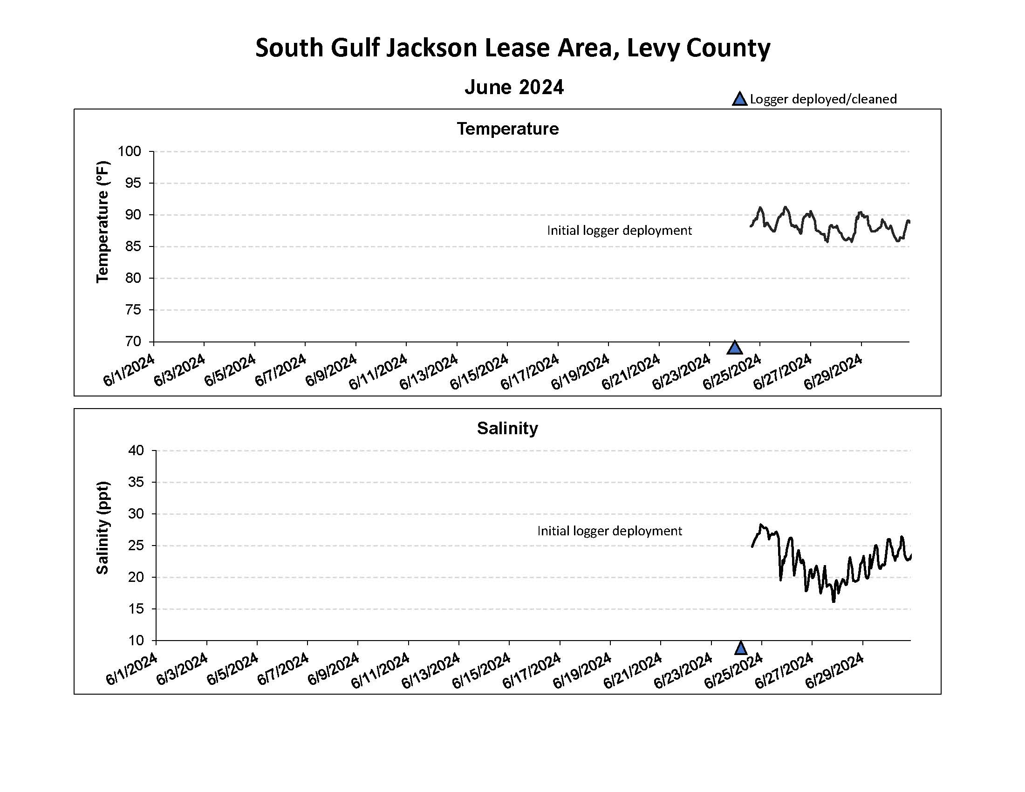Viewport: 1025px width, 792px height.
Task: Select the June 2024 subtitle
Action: click(514, 87)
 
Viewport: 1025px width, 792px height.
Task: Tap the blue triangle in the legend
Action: click(740, 99)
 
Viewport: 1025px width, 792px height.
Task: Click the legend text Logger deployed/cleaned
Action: click(823, 99)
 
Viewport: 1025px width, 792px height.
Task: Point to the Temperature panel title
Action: click(508, 129)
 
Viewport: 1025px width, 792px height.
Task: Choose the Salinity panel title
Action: click(507, 428)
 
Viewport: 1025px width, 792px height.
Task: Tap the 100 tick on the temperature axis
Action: click(129, 151)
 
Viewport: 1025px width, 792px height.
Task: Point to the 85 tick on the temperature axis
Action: click(133, 246)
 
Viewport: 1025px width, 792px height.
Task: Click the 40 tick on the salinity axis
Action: click(136, 451)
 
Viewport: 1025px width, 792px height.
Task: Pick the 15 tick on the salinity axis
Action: click(136, 609)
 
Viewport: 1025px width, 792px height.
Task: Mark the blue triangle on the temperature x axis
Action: click(734, 348)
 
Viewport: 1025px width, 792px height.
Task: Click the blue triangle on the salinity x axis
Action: click(741, 648)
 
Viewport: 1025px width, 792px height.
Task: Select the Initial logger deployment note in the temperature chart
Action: click(620, 230)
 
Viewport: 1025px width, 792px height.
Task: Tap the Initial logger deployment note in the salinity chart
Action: click(610, 531)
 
